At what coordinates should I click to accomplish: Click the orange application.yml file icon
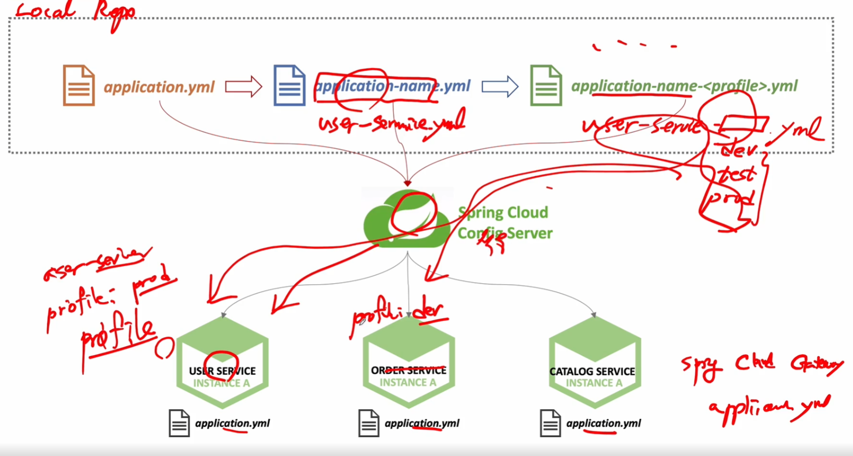pos(79,85)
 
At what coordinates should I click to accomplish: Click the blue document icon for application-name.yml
pos(289,85)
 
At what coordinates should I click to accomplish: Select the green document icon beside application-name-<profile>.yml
pos(546,85)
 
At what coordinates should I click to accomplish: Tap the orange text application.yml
pos(159,87)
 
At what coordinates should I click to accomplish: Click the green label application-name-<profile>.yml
pos(684,86)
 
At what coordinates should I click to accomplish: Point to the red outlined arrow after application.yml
pos(243,86)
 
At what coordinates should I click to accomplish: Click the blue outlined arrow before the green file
pos(500,86)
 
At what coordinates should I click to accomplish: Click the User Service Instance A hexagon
pos(222,362)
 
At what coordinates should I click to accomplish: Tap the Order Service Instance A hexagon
pos(408,362)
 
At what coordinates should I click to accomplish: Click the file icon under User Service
pos(179,423)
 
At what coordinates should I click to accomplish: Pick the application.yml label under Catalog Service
pos(603,423)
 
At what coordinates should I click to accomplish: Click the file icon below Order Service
pos(369,423)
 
